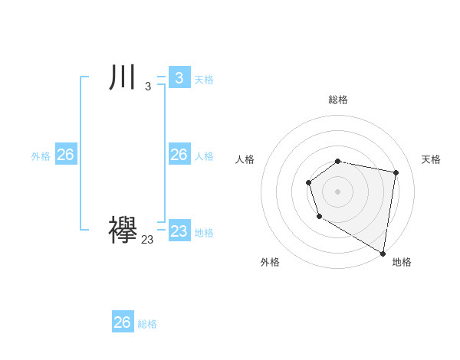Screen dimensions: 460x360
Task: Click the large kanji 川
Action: click(123, 78)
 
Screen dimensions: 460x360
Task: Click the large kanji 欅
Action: click(123, 230)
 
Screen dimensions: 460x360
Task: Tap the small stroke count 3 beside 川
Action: click(148, 87)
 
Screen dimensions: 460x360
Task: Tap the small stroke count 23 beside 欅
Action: click(147, 240)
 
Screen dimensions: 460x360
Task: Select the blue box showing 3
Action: click(179, 78)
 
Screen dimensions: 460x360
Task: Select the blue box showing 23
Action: click(179, 231)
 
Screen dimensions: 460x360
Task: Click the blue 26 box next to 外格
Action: click(65, 155)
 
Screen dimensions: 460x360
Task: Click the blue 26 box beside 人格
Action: click(179, 155)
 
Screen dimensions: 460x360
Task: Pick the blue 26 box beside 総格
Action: click(123, 322)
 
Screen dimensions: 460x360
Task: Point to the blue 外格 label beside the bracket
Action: click(41, 156)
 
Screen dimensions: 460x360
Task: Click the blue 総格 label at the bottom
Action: click(147, 324)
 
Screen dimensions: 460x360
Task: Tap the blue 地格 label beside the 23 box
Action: click(204, 233)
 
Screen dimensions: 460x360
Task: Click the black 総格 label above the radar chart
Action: click(338, 100)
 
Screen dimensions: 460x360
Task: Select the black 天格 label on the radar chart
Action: click(431, 159)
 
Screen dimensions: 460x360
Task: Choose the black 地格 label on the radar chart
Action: click(402, 262)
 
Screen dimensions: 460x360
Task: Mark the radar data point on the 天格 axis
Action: click(396, 173)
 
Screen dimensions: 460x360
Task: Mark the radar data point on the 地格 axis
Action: click(383, 253)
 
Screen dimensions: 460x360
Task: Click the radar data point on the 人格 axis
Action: click(308, 182)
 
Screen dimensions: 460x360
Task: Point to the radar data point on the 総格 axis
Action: click(338, 161)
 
